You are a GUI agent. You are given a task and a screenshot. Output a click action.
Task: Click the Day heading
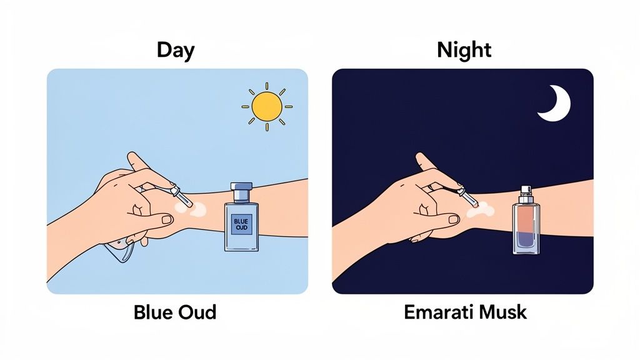coord(176,49)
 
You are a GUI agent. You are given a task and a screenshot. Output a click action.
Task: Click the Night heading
coord(464,49)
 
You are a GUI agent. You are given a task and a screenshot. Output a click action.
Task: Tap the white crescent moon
coord(555,104)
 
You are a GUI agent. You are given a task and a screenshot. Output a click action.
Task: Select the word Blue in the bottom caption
coord(153,311)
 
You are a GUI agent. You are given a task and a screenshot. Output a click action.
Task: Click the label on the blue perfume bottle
coord(241,224)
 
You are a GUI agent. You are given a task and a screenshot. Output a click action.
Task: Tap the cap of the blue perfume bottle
coord(241,187)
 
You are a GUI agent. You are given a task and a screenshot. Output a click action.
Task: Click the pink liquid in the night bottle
coord(527,219)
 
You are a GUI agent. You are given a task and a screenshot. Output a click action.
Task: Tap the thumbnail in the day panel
coord(167,219)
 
